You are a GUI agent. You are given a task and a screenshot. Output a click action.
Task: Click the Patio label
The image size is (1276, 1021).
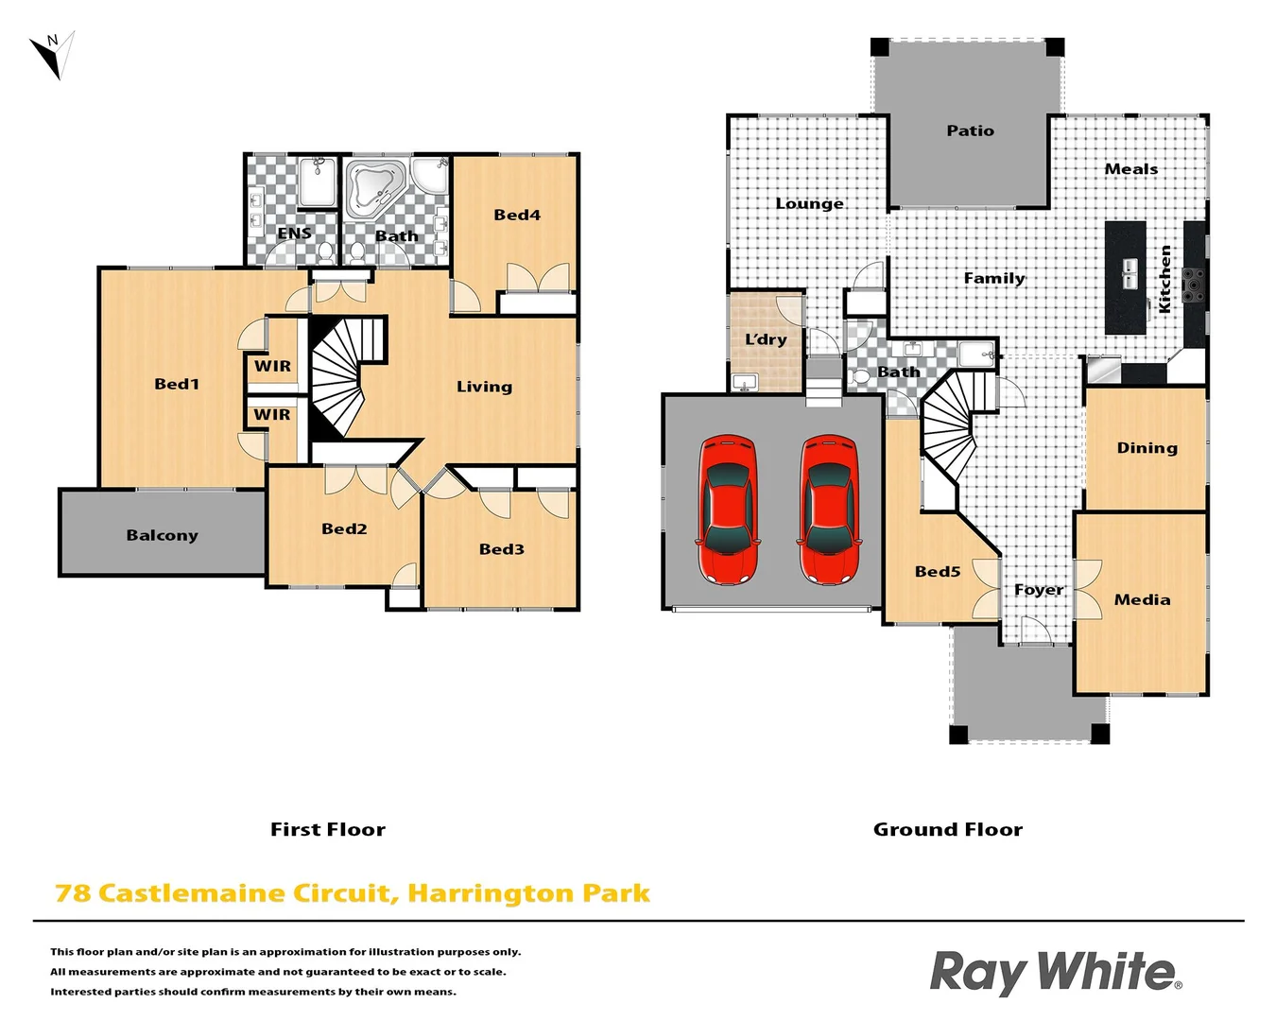pyautogui.click(x=970, y=130)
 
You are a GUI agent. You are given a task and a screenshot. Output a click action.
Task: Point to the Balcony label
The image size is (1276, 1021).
pyautogui.click(x=162, y=535)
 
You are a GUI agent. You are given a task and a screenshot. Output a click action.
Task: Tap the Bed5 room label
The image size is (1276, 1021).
pyautogui.click(x=937, y=571)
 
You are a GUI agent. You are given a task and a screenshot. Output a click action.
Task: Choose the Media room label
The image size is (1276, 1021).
pyautogui.click(x=1142, y=599)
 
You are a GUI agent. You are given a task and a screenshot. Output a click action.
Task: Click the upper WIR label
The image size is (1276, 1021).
pyautogui.click(x=272, y=366)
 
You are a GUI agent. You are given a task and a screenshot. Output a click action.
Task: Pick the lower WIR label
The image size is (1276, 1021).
pyautogui.click(x=272, y=414)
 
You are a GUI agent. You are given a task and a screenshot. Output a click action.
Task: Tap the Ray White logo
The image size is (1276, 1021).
pyautogui.click(x=1055, y=972)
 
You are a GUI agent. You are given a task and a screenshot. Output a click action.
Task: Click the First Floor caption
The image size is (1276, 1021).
pyautogui.click(x=327, y=829)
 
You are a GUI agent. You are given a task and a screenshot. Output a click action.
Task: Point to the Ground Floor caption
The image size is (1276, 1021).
pyautogui.click(x=947, y=829)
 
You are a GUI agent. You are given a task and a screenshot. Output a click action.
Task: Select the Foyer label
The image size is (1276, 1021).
pyautogui.click(x=1038, y=589)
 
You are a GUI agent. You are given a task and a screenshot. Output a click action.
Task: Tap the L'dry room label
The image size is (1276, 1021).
pyautogui.click(x=766, y=339)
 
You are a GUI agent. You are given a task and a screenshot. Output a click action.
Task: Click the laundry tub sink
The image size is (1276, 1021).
pyautogui.click(x=745, y=383)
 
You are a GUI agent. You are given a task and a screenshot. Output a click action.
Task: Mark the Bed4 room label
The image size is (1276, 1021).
pyautogui.click(x=517, y=215)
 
